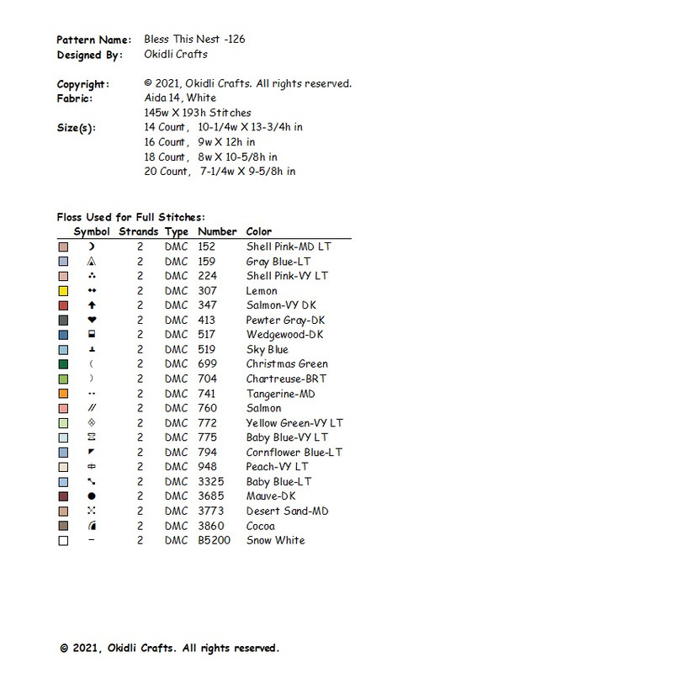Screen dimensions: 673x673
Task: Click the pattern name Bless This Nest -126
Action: click(194, 40)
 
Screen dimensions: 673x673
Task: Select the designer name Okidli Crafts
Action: click(176, 55)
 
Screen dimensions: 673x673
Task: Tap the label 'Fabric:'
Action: click(75, 98)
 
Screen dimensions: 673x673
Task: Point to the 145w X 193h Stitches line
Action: click(198, 113)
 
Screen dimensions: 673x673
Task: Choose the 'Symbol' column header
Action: click(92, 231)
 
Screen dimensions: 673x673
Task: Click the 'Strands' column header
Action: click(138, 231)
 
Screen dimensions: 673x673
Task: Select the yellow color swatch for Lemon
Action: click(63, 291)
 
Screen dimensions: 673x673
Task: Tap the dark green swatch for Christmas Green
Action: click(63, 364)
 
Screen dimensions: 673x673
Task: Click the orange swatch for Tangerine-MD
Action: click(63, 394)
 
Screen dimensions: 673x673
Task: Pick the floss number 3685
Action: click(209, 496)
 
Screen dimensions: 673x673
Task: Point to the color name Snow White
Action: click(275, 540)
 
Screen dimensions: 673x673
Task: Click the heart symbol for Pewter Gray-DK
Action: click(92, 321)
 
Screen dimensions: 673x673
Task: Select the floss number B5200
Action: click(213, 540)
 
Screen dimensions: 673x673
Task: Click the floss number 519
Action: click(206, 350)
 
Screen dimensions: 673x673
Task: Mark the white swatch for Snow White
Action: click(63, 541)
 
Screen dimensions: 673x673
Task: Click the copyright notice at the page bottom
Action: click(169, 649)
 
